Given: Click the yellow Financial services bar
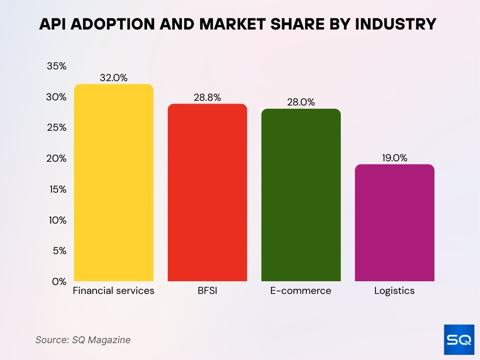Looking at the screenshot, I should (x=113, y=183).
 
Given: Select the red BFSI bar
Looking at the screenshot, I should (x=207, y=193).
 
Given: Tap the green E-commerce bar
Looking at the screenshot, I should (x=301, y=195).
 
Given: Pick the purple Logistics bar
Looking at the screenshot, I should (x=395, y=223).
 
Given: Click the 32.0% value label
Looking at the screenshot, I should (x=113, y=78).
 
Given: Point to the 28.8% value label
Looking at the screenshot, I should (x=207, y=97).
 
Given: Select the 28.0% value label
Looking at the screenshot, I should (x=301, y=102).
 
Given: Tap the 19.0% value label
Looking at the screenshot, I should (x=395, y=158).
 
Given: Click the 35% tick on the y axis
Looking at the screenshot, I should (x=57, y=66).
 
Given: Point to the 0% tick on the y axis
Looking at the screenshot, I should (x=60, y=281).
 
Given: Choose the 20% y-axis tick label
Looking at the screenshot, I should (x=57, y=158).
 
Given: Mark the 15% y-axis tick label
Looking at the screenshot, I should (x=57, y=189).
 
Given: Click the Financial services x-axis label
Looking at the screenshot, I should (x=113, y=291).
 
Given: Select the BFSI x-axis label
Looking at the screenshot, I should (x=207, y=291).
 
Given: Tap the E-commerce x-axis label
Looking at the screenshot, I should (x=301, y=291).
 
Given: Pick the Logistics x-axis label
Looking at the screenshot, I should (x=395, y=291).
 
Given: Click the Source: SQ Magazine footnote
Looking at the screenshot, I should (x=83, y=340).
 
